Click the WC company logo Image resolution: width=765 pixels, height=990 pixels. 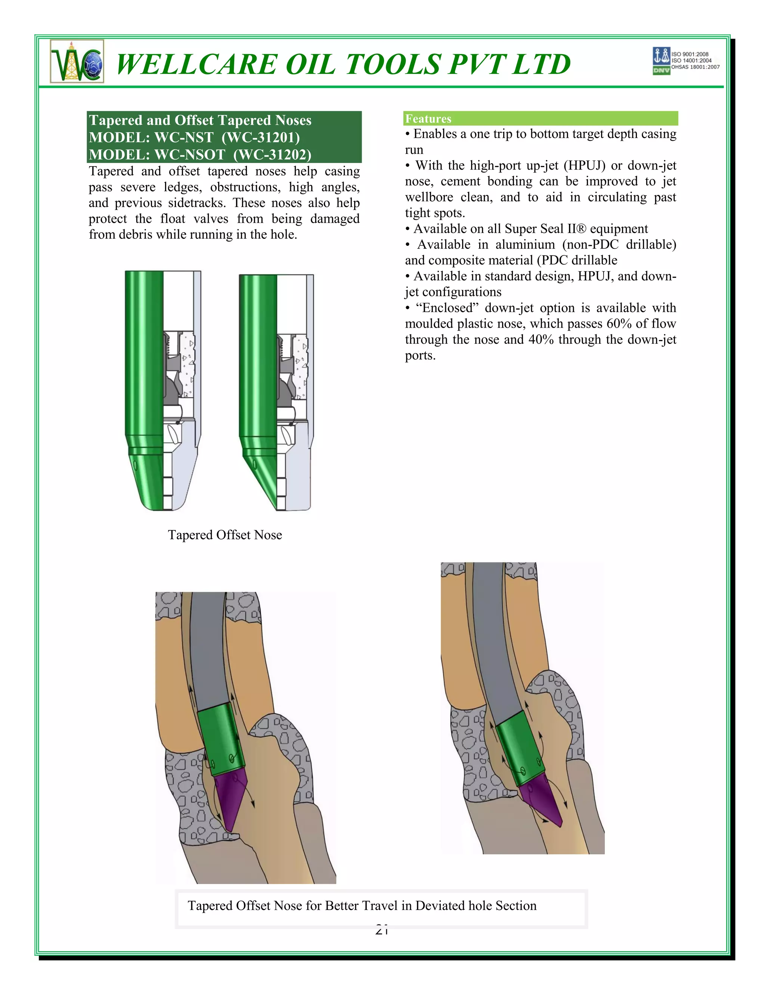[x=77, y=61]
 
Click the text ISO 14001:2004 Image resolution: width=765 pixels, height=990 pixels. [x=691, y=60]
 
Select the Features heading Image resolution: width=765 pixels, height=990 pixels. [x=428, y=119]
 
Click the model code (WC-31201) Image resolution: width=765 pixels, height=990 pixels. [x=261, y=137]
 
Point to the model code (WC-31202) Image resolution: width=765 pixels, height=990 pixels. [x=272, y=155]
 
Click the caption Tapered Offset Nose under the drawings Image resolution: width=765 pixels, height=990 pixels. [x=225, y=535]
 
